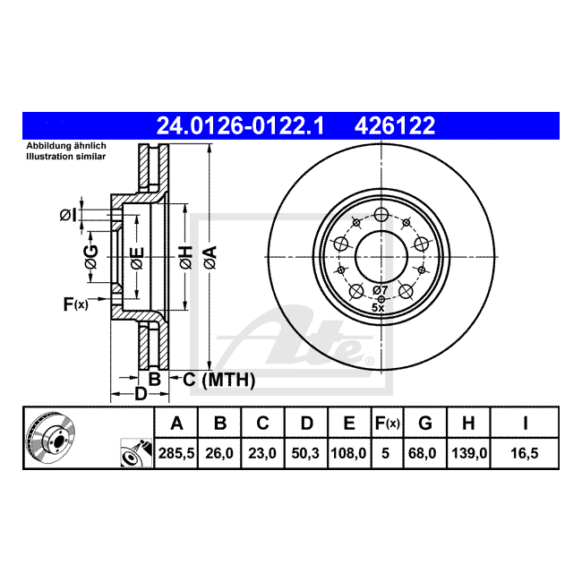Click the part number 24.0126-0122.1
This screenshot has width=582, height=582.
240,126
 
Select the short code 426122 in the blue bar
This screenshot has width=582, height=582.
395,126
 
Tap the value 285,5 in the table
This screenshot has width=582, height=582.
176,453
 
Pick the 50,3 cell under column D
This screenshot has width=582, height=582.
305,453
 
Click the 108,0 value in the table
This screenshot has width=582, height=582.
348,453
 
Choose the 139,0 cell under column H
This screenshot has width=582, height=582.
469,453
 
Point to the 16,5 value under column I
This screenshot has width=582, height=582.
525,453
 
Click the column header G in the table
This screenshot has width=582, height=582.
425,424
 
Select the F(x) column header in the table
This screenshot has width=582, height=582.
387,424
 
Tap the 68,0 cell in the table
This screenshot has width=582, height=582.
422,453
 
